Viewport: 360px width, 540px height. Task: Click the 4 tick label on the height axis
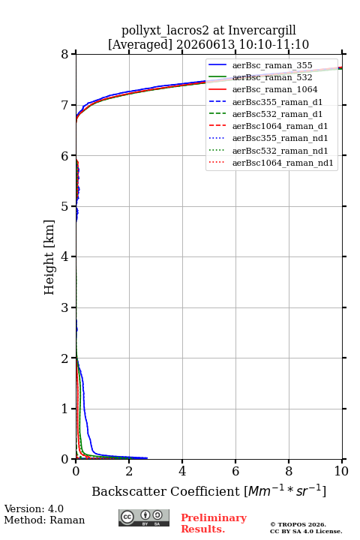[x=65, y=257]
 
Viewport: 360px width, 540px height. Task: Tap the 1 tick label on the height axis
[x=65, y=409]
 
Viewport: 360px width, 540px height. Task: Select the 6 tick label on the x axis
[x=235, y=471]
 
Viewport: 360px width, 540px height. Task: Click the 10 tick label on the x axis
[x=341, y=471]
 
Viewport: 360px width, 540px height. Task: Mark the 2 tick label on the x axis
[x=129, y=471]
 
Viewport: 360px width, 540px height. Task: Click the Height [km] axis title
[x=49, y=257]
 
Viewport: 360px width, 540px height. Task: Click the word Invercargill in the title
[x=262, y=31]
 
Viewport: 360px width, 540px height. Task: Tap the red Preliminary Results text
[x=214, y=523]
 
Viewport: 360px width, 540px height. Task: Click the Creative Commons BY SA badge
[x=144, y=518]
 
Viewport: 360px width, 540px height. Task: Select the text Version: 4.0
[x=34, y=508]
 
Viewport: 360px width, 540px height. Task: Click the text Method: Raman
[x=44, y=520]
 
